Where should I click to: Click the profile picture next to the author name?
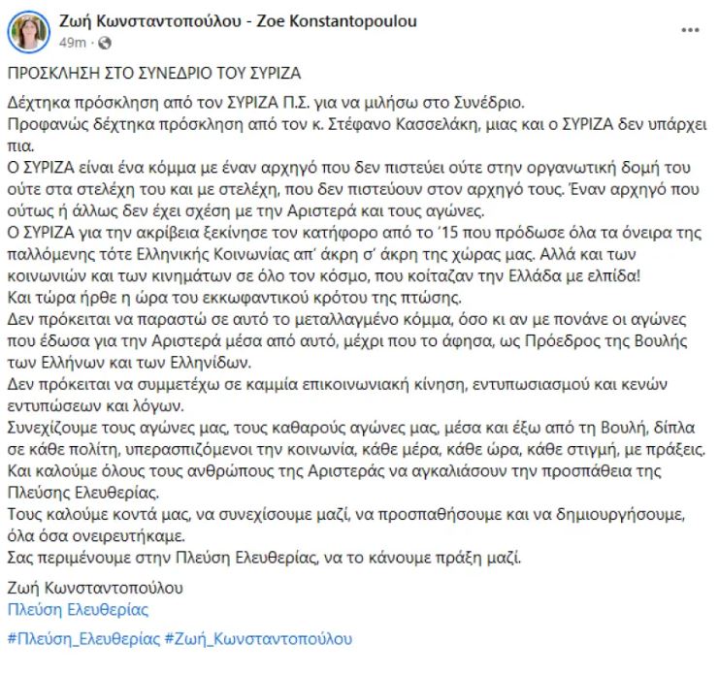29,33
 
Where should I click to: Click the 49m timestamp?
75,44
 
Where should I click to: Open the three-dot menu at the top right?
690,30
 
